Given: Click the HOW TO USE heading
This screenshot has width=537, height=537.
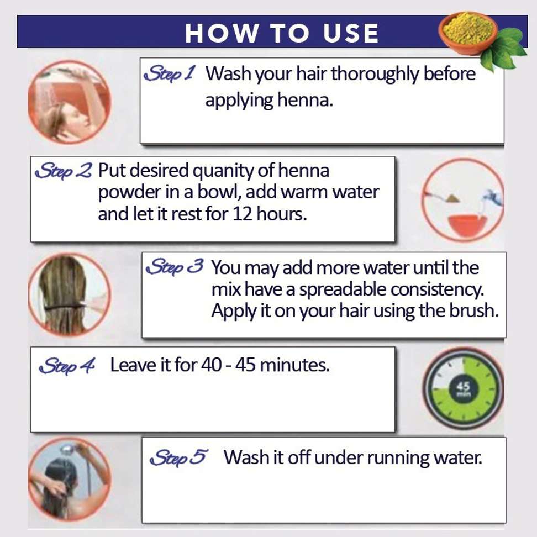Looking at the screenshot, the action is point(282,33).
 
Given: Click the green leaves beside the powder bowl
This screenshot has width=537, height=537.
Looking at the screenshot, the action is point(504,48).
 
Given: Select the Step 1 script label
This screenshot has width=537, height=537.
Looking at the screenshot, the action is point(170,73).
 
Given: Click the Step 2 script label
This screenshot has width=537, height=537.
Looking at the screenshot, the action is point(64,170).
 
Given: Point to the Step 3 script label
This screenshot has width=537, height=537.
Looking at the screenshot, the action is point(175,267).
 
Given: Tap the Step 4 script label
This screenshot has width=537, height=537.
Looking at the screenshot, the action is point(67,365).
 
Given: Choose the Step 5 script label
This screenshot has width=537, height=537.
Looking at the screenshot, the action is point(178,457).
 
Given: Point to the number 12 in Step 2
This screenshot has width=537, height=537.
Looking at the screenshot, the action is point(243,214).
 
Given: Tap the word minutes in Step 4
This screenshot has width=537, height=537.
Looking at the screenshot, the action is point(294,365).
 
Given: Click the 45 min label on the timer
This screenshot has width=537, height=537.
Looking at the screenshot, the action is point(463,389).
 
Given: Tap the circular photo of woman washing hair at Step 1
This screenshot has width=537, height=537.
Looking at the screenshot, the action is point(69,102).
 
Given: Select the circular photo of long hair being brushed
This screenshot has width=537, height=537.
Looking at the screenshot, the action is point(69,295).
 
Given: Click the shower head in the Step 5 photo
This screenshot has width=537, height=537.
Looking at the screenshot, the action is point(66,450).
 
